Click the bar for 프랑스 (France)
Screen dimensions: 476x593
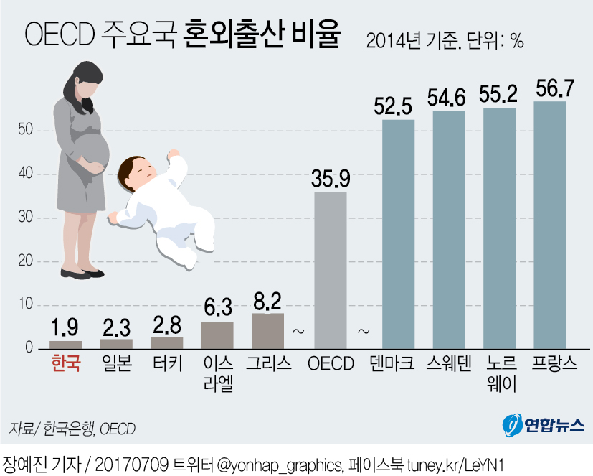[x=550, y=225]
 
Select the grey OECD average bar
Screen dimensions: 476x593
[x=331, y=270]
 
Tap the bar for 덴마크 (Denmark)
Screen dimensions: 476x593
[x=399, y=234]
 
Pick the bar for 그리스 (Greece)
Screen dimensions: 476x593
[x=268, y=331]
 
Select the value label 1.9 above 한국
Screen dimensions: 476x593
[x=66, y=328]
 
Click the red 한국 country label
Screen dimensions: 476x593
[x=66, y=363]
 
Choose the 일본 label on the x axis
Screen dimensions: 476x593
[x=116, y=363]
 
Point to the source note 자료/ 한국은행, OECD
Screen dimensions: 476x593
[x=72, y=429]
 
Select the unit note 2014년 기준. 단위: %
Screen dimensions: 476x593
[x=445, y=41]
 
